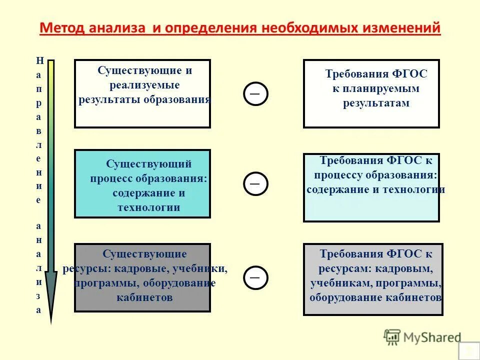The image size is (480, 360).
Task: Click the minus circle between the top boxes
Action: (255, 94)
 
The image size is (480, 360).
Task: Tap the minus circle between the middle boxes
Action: (255, 183)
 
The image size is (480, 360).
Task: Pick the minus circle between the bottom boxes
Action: (255, 276)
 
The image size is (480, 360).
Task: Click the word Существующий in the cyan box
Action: (148, 164)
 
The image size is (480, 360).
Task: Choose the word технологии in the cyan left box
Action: (148, 207)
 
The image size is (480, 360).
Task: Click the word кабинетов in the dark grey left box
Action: (144, 297)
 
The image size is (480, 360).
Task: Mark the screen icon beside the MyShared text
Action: (392, 337)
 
